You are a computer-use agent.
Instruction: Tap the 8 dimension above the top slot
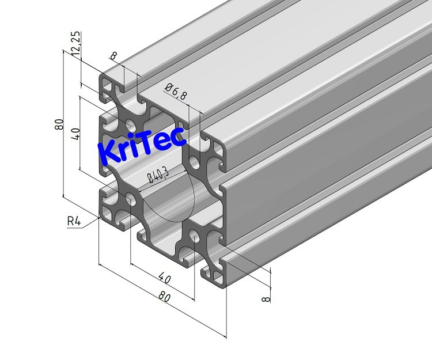tap(113, 56)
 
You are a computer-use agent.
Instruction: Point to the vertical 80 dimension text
tap(58, 124)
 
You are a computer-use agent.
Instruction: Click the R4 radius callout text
tap(74, 221)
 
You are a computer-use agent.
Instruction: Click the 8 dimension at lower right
tap(266, 298)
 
